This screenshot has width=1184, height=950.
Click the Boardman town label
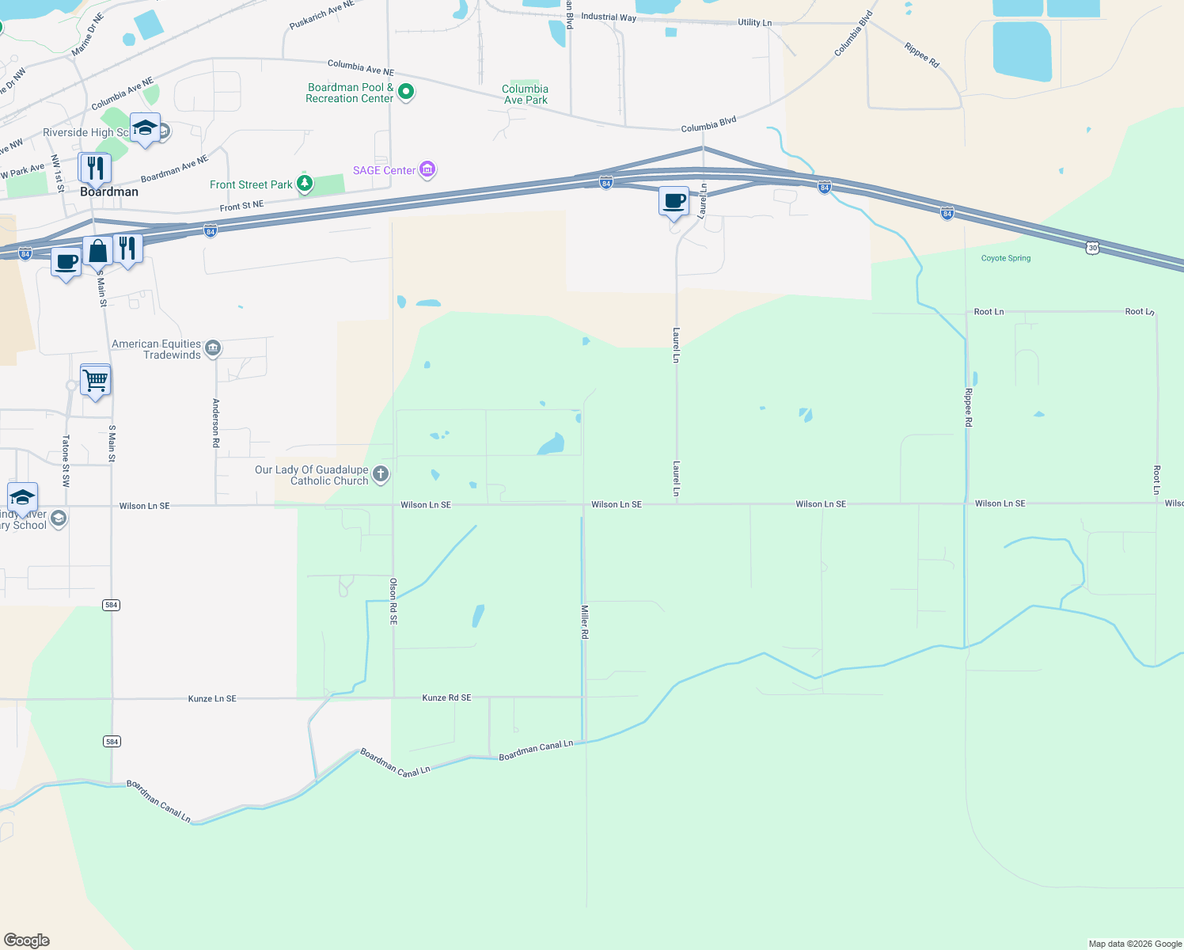point(109,192)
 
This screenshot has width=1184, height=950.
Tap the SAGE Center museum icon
point(427,169)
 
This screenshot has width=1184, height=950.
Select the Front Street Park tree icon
point(304,184)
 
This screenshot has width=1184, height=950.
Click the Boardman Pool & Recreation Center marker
point(406,93)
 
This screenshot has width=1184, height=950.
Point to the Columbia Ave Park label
point(525,94)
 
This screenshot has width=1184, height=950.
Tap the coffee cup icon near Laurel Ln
point(674,202)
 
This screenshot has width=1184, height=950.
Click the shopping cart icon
point(96,381)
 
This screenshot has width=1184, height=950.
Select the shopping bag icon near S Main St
point(97,252)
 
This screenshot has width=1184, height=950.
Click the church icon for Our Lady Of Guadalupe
point(381,474)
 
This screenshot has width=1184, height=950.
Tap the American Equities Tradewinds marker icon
point(213,348)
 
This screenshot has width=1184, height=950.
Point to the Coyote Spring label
point(1005,258)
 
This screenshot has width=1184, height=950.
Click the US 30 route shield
point(1092,248)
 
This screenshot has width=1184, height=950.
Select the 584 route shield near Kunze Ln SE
point(112,742)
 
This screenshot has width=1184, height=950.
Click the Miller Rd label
point(585,621)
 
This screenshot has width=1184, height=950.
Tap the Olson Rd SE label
point(393,601)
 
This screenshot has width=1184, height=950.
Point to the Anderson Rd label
point(215,423)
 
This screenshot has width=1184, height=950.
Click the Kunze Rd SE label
point(446,697)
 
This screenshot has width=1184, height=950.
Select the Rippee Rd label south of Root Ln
point(968,407)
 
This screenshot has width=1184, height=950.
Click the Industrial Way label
point(608,17)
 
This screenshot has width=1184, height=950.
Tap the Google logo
point(27,940)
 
